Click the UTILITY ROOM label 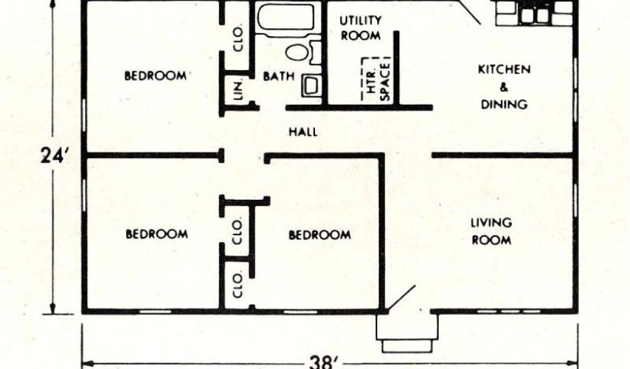click(x=361, y=28)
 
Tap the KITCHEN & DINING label click(x=504, y=87)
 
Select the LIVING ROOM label click(x=492, y=231)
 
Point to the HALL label click(x=303, y=132)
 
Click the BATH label click(x=274, y=77)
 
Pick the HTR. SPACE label click(x=378, y=81)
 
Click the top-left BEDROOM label click(x=156, y=76)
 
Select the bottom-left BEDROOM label click(x=156, y=234)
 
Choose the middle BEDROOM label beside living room click(x=320, y=235)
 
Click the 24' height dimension click(x=53, y=155)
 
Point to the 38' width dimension click(x=324, y=361)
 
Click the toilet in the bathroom click(x=300, y=52)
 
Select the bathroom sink click(x=311, y=85)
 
